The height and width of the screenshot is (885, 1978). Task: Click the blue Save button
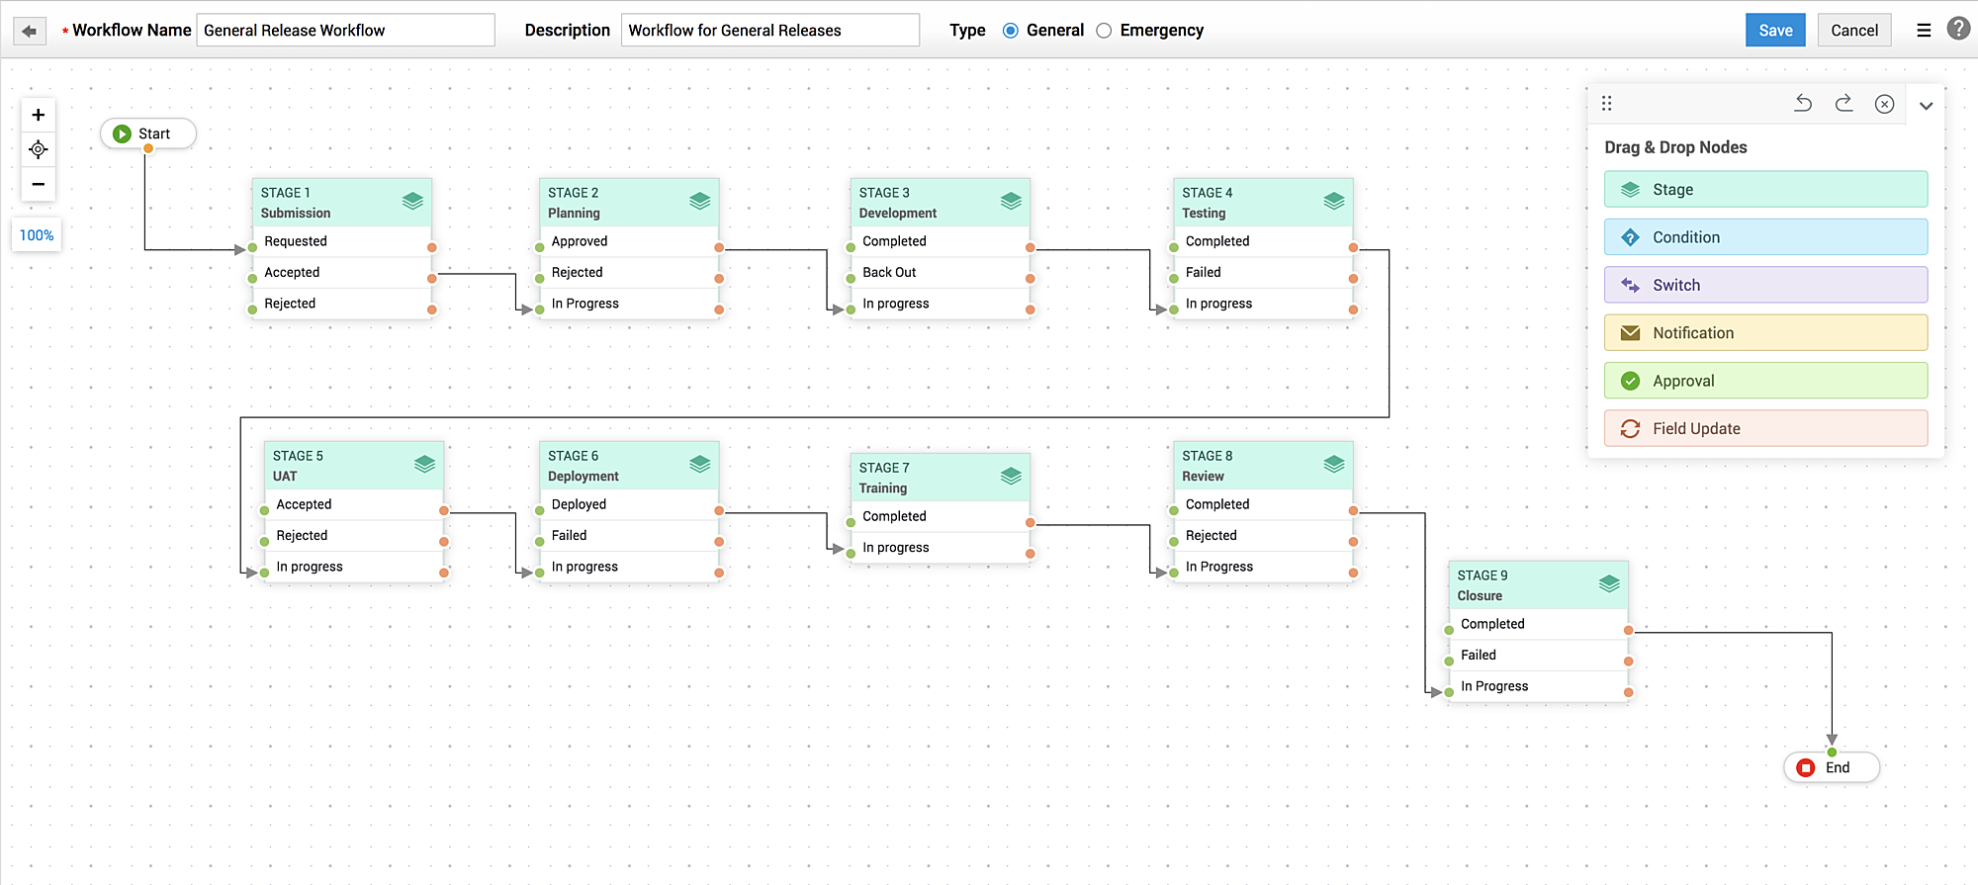1774,30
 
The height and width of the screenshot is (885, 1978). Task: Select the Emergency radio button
1104,31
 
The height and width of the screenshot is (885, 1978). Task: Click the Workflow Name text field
345,30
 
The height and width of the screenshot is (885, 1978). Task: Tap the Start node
148,133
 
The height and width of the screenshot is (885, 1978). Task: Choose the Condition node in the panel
1765,237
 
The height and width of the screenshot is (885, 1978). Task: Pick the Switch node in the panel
1765,285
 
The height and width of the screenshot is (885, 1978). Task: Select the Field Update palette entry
1765,428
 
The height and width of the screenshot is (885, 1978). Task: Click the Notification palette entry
1765,333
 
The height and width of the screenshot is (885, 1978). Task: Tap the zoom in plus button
39,115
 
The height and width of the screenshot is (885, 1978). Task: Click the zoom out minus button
39,184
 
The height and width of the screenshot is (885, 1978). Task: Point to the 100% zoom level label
37,235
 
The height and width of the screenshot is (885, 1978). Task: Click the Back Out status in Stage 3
889,272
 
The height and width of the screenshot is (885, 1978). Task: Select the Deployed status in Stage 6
579,504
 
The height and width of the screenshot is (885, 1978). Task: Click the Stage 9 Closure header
1523,585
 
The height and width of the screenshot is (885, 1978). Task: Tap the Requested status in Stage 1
295,241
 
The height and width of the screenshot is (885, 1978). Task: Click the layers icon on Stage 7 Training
1010,476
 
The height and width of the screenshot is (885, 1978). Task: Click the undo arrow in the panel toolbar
1803,104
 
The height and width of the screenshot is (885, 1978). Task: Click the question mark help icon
1957,29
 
